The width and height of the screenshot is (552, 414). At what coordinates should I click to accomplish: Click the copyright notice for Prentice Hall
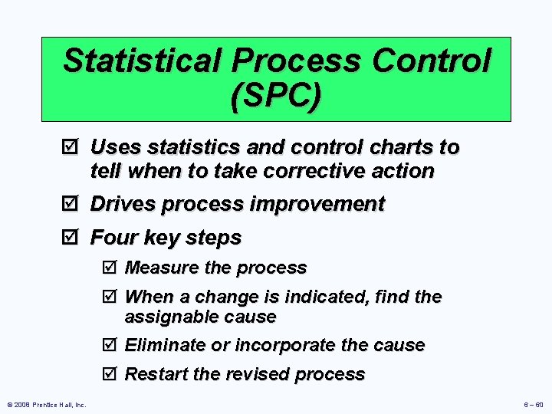[x=46, y=405]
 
